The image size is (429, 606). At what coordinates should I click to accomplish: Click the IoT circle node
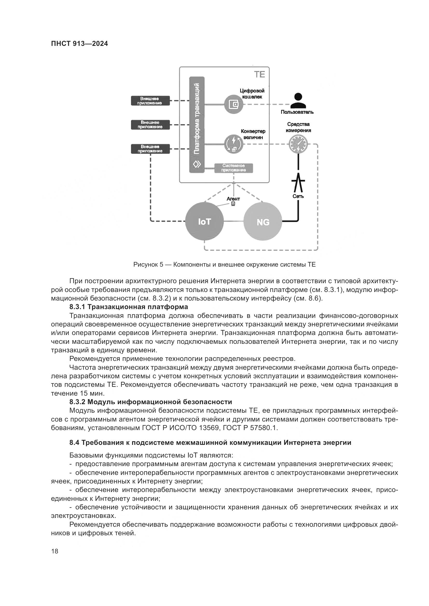click(x=204, y=222)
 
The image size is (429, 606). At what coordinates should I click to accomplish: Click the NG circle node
click(x=263, y=222)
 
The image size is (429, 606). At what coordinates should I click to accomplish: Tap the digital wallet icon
click(x=233, y=104)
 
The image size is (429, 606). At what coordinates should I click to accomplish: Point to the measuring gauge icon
click(x=298, y=144)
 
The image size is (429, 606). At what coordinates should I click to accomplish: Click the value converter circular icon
click(x=233, y=144)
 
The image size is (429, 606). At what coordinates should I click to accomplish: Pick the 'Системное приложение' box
click(x=233, y=168)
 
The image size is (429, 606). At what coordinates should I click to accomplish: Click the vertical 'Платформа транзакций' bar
click(x=197, y=124)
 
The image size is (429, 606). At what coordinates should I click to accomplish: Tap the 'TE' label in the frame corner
click(x=259, y=75)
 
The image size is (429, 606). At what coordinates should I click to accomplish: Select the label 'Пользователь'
click(x=297, y=112)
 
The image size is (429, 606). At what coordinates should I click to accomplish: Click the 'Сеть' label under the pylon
click(x=298, y=196)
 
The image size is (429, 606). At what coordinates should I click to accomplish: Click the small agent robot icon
click(x=233, y=204)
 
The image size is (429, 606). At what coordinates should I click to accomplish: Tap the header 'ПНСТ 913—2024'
click(x=80, y=44)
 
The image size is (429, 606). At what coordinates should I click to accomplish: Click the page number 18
click(x=55, y=551)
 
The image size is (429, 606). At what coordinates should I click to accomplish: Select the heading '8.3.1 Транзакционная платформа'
click(x=129, y=307)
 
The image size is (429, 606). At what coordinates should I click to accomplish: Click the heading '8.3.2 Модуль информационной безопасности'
click(x=151, y=402)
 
